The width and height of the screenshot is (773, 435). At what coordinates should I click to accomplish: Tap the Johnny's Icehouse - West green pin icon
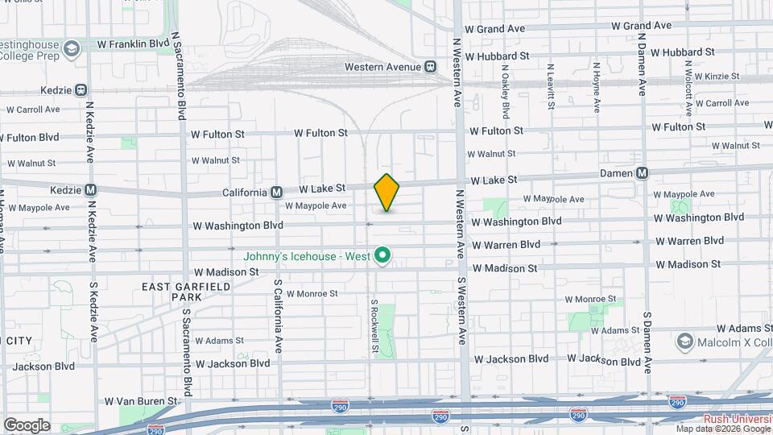pyautogui.click(x=384, y=257)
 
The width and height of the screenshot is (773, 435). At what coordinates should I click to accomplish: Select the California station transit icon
pyautogui.click(x=276, y=192)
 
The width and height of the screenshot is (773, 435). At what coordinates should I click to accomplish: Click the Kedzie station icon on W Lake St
pyautogui.click(x=91, y=191)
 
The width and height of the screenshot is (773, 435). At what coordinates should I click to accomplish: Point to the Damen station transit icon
pyautogui.click(x=642, y=172)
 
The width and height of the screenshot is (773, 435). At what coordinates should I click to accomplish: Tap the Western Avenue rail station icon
pyautogui.click(x=431, y=66)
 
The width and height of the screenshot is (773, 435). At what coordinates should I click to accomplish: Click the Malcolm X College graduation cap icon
pyautogui.click(x=685, y=341)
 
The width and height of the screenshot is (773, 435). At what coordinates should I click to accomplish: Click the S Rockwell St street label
pyautogui.click(x=374, y=326)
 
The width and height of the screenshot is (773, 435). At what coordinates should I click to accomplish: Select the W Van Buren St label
pyautogui.click(x=140, y=400)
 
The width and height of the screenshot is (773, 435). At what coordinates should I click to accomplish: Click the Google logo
pyautogui.click(x=27, y=425)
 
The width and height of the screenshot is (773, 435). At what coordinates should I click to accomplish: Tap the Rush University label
pyautogui.click(x=738, y=419)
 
